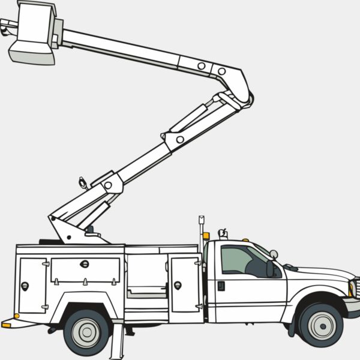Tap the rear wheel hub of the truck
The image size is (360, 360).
click(87, 331)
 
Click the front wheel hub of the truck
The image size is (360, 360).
click(322, 325)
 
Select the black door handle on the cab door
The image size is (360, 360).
click(221, 286)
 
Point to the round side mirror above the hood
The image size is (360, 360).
click(274, 254)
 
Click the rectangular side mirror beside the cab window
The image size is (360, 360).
click(270, 269)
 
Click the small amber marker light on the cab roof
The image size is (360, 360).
click(245, 240)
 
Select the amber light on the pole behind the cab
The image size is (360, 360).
click(206, 236)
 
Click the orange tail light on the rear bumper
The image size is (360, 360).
click(6, 325)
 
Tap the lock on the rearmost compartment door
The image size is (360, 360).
click(25, 286)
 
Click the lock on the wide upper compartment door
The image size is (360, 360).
click(85, 264)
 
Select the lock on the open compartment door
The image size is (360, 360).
click(178, 285)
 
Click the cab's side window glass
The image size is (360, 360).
click(237, 260)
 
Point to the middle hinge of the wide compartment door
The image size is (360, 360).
click(85, 281)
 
